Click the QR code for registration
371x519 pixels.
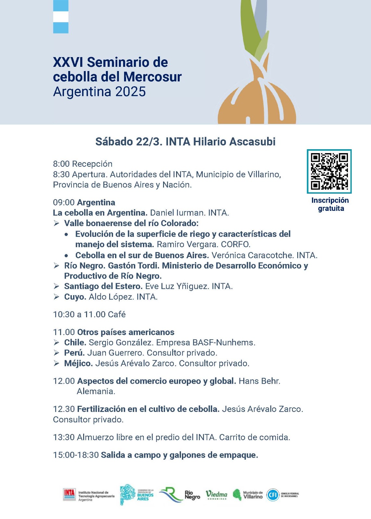(329, 171)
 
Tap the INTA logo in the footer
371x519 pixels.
(69, 495)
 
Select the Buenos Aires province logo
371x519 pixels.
(136, 495)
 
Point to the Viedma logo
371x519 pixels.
(216, 495)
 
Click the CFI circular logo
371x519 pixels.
(273, 495)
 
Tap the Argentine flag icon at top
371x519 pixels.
(61, 17)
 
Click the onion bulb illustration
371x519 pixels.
(257, 101)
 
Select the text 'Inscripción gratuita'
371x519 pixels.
(330, 204)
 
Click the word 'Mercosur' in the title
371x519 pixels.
(152, 77)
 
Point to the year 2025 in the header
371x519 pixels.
(130, 92)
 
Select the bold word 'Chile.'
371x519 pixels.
(75, 343)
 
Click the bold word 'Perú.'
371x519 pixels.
(74, 353)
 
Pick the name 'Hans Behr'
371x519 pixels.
(259, 381)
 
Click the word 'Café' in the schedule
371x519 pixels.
(117, 314)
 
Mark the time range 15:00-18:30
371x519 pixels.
(76, 455)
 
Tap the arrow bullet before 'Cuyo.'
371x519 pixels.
(57, 297)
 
